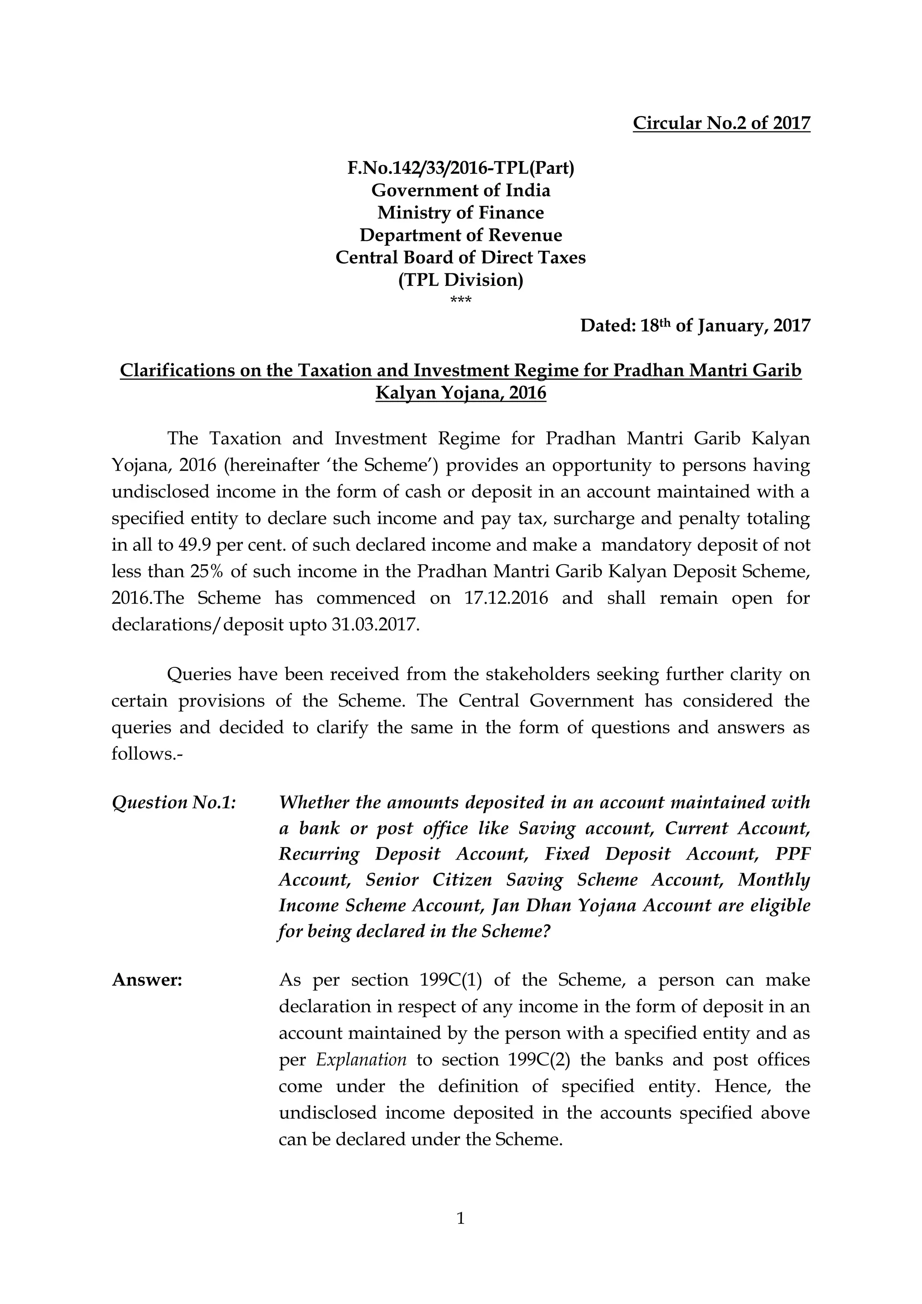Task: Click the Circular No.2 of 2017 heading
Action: (x=721, y=123)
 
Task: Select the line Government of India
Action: (x=461, y=190)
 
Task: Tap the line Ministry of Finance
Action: (x=461, y=213)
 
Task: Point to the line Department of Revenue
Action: (x=461, y=235)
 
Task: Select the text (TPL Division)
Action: (x=461, y=280)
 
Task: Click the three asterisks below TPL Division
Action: (x=461, y=300)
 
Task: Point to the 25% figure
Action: (x=207, y=571)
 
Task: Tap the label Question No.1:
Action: (x=174, y=802)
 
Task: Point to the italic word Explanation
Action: (x=361, y=1060)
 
